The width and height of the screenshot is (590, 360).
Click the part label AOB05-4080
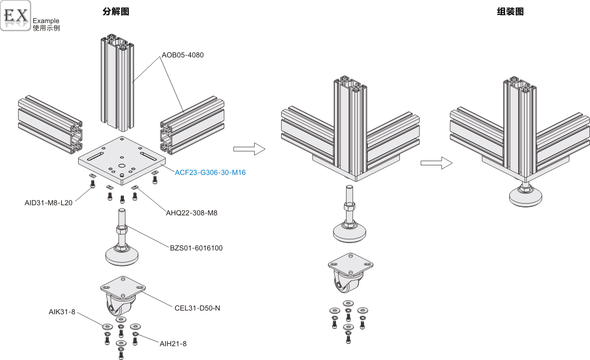click(x=183, y=55)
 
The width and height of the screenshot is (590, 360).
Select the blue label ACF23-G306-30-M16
click(x=210, y=172)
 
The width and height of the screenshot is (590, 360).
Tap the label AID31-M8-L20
click(x=48, y=203)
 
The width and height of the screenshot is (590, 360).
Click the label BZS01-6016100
click(x=196, y=247)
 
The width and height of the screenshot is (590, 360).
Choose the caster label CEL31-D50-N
click(x=197, y=307)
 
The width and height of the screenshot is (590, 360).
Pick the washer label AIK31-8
click(x=62, y=312)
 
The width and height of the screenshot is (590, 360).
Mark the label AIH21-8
click(x=173, y=344)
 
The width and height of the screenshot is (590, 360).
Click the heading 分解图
click(x=116, y=12)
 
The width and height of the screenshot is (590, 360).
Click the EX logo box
click(x=16, y=15)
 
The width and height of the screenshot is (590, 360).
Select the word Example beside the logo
click(x=46, y=21)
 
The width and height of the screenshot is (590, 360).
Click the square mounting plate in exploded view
click(x=122, y=160)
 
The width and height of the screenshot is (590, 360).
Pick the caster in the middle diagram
click(x=350, y=277)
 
